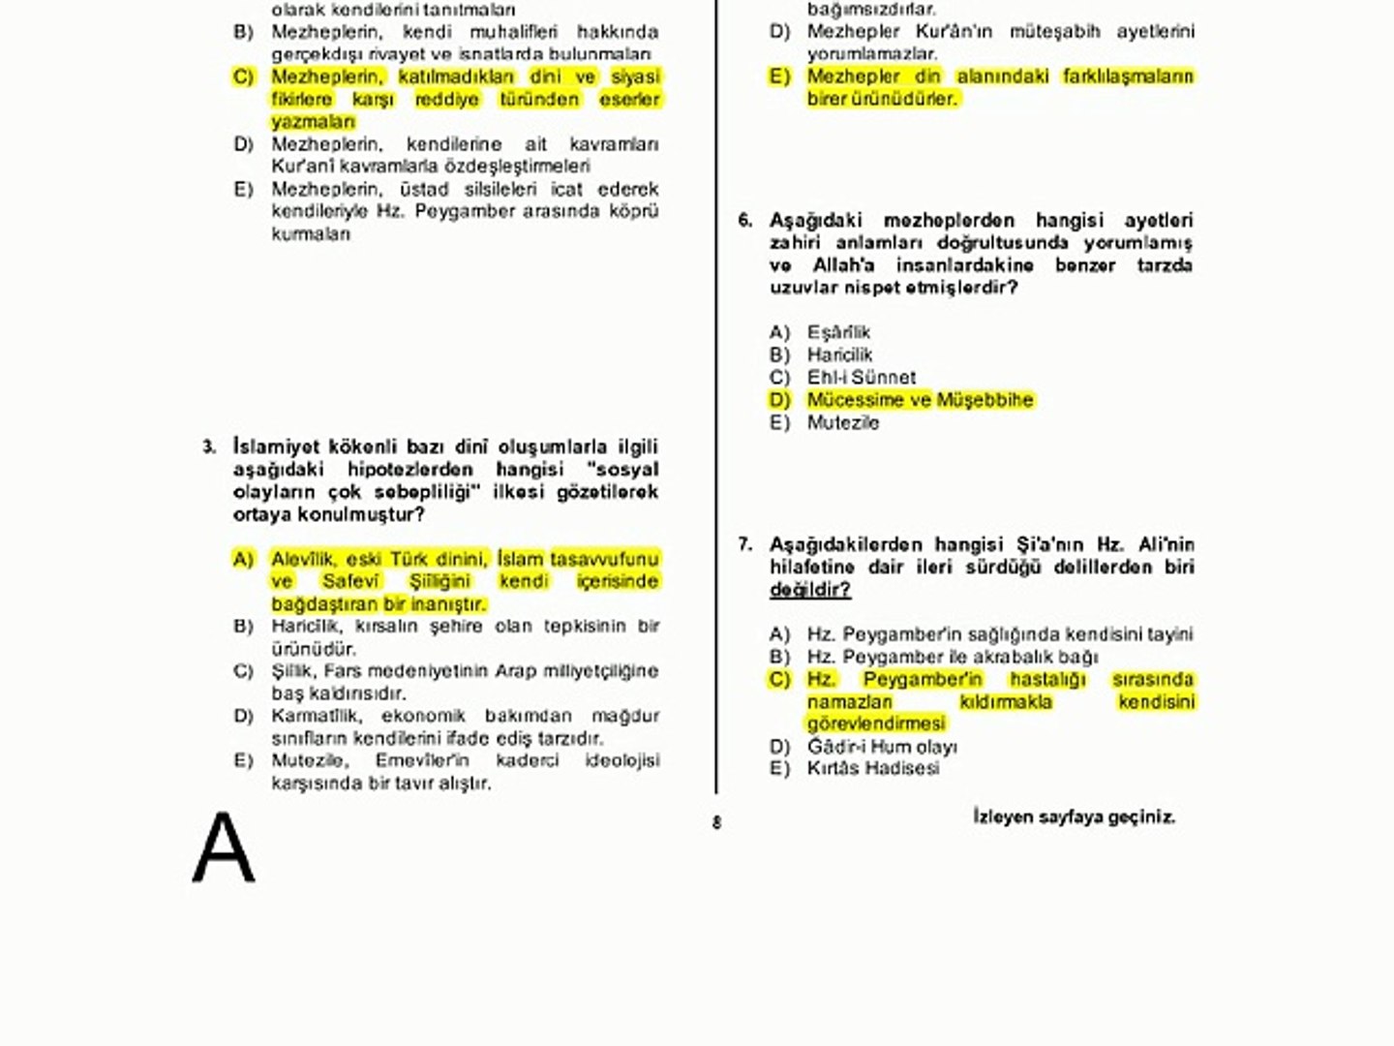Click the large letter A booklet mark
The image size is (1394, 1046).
[x=224, y=848]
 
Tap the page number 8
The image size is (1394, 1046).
[x=716, y=823]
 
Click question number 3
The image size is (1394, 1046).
[x=209, y=447]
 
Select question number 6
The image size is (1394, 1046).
[x=744, y=221]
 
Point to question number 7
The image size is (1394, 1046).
[x=744, y=544]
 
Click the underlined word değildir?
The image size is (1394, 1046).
[x=809, y=590]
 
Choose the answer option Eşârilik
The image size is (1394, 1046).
[x=838, y=332]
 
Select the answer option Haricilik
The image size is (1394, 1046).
[x=839, y=354]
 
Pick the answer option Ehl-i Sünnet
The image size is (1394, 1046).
[x=861, y=377]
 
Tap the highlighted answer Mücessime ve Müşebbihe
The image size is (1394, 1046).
[x=920, y=400]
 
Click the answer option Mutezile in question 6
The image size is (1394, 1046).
[x=843, y=422]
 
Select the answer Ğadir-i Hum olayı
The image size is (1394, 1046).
[x=882, y=747]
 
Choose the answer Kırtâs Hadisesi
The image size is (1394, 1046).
[x=873, y=768]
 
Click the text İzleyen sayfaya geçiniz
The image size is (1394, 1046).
[x=1074, y=816]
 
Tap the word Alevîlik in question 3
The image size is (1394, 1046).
[x=303, y=559]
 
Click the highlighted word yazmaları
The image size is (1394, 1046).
[x=313, y=122]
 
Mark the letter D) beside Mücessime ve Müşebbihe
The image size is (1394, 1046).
[x=780, y=400]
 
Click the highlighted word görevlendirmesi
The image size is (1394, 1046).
[x=876, y=723]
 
